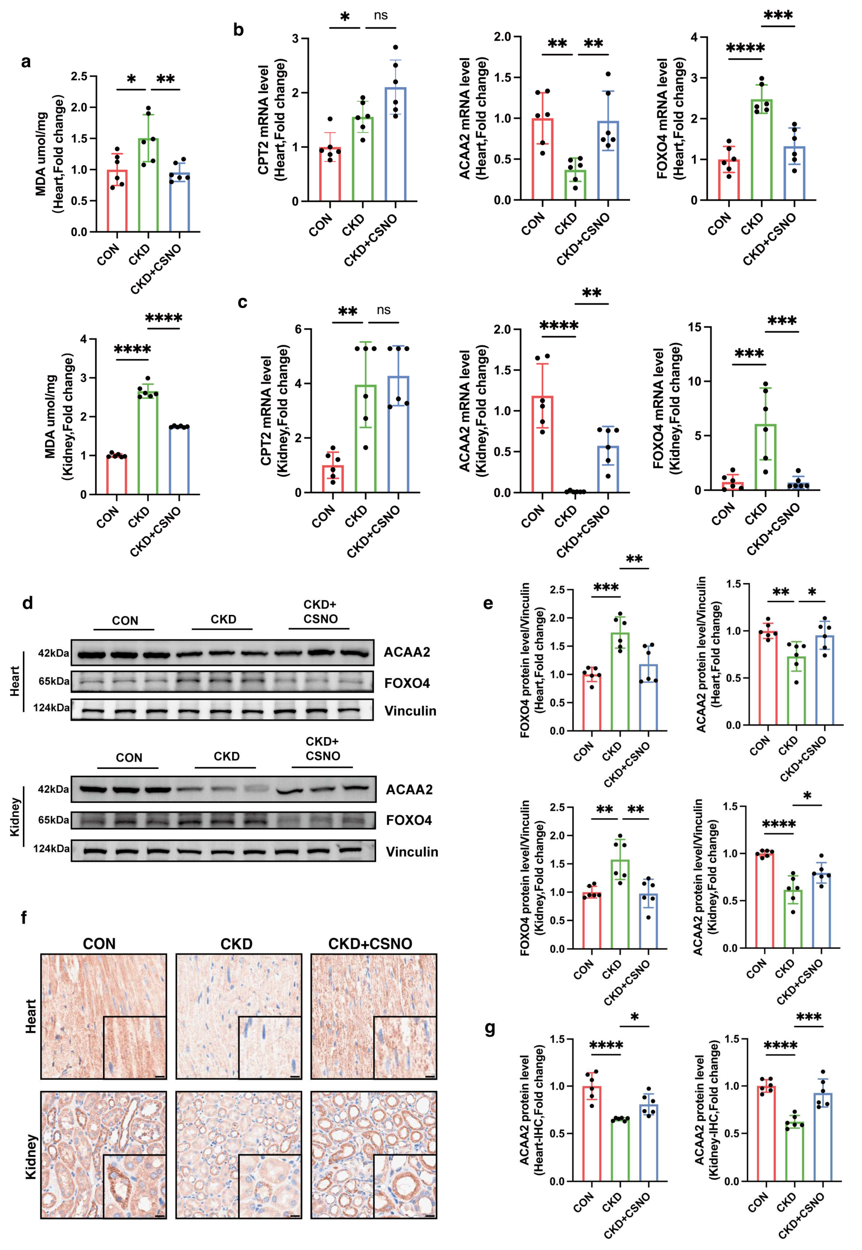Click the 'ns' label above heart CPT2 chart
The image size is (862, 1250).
click(x=381, y=16)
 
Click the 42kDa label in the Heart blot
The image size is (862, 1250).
click(x=53, y=653)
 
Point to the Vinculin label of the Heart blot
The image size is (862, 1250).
click(x=410, y=711)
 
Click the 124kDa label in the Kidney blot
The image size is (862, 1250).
click(x=51, y=849)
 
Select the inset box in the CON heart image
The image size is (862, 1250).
click(x=134, y=1048)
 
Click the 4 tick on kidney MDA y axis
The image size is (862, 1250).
click(x=84, y=339)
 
